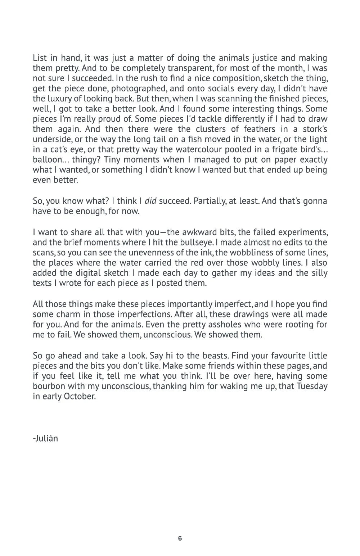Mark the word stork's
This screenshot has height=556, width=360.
tap(313, 129)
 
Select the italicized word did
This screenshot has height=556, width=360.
tap(150, 201)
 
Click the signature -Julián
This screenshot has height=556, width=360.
tap(45, 439)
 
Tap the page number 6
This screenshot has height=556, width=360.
tap(180, 538)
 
